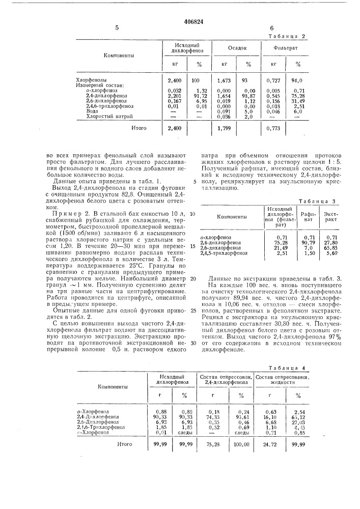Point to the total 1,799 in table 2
pos(224,129)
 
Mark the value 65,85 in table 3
pos(331,248)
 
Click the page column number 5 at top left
pos(117,29)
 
